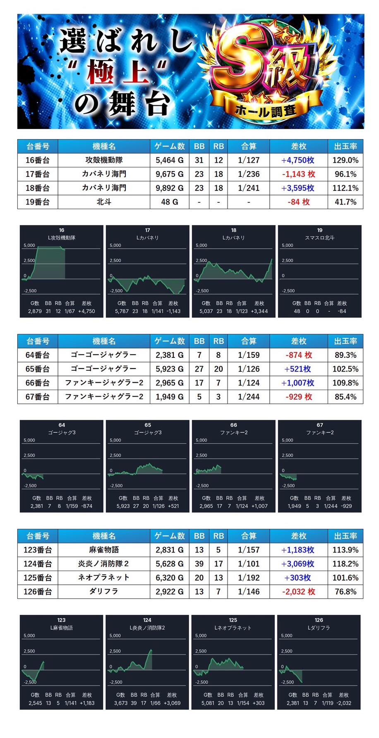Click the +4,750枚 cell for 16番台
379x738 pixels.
(x=298, y=160)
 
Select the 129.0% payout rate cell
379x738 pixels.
(x=345, y=160)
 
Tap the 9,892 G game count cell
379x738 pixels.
(x=170, y=188)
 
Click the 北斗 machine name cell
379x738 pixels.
(x=104, y=202)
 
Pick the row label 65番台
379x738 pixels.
(x=38, y=369)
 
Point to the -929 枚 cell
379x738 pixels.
(x=298, y=397)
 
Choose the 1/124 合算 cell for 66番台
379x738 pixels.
(x=249, y=383)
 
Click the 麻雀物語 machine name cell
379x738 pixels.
(x=104, y=550)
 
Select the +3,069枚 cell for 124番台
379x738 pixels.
(x=298, y=564)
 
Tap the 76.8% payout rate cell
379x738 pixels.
(x=345, y=592)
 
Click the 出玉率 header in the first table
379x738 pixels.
(x=345, y=146)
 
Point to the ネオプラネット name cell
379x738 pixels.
(x=104, y=578)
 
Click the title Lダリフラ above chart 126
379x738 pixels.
(x=319, y=628)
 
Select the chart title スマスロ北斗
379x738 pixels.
(x=319, y=238)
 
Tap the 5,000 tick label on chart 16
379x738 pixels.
(x=29, y=245)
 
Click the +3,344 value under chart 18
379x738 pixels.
(x=259, y=311)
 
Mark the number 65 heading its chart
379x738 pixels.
(x=148, y=425)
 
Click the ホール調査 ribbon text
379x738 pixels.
(x=266, y=110)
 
